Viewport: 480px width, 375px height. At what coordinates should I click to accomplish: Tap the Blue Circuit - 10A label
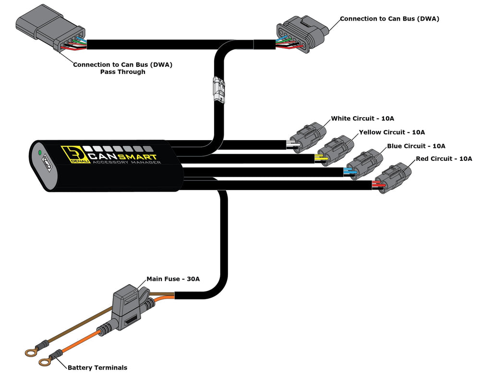click(x=416, y=146)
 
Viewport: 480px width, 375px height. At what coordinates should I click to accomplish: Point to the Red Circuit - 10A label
click(x=444, y=158)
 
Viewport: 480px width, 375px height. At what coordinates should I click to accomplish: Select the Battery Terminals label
click(x=97, y=367)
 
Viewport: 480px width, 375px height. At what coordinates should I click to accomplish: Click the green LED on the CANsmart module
click(x=41, y=153)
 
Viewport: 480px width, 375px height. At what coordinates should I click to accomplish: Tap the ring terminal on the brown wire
click(x=31, y=353)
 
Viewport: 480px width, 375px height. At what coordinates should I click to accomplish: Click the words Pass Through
click(x=122, y=72)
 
